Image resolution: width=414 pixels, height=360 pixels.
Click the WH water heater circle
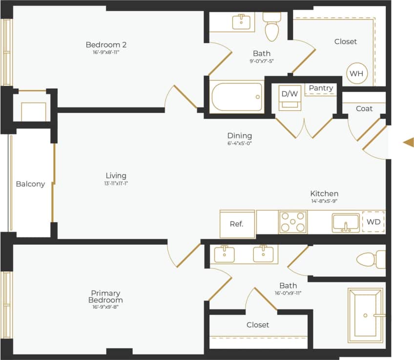pos(356,74)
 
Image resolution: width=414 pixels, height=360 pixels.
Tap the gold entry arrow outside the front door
pos(408,142)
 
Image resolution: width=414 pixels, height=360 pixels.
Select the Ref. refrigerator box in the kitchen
pos(237,224)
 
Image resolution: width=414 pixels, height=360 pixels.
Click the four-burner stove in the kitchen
pos(293,222)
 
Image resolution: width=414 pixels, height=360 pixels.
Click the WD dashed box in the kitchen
pos(373,222)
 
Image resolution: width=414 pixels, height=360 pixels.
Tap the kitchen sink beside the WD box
pos(346,223)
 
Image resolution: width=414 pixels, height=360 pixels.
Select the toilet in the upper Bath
pos(271,27)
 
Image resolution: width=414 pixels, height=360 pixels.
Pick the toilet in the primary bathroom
pos(371,259)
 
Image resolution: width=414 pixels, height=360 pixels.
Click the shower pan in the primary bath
pos(366,315)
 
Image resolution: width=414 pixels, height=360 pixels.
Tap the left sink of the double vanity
pos(224,254)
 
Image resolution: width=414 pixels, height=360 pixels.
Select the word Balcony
pos(30,184)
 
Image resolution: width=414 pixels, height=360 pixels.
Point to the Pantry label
pos(321,88)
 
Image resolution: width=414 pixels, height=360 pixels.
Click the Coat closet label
pos(364,108)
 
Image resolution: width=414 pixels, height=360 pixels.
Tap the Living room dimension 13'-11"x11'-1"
pos(116,184)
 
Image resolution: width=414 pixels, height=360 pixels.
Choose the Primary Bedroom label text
pos(105,296)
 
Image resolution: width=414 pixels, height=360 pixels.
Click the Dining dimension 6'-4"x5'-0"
pos(239,143)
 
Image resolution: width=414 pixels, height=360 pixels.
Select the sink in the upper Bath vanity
pos(241,22)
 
